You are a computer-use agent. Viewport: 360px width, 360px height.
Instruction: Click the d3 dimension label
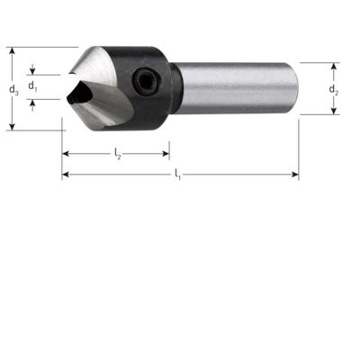tap(12, 89)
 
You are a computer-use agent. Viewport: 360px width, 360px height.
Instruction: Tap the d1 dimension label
tap(32, 86)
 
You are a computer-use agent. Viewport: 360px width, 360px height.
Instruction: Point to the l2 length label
tap(117, 155)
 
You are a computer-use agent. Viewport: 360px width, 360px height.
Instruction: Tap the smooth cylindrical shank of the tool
tap(238, 88)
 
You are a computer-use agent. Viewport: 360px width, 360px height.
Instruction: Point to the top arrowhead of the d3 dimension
tap(13, 51)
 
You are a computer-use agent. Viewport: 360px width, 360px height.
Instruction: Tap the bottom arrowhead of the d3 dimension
tap(13, 126)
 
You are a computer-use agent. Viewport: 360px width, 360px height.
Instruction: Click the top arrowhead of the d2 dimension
tap(333, 67)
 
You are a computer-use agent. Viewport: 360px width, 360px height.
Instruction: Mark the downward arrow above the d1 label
tap(32, 70)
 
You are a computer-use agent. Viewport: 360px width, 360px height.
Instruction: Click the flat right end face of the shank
tap(295, 88)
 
